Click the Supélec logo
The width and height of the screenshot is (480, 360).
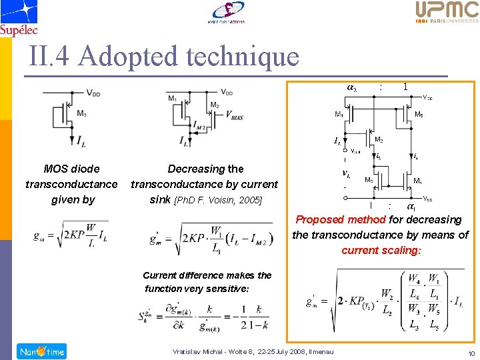click(19, 17)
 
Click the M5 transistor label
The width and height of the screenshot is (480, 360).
click(418, 115)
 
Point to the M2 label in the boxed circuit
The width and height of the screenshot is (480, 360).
click(378, 140)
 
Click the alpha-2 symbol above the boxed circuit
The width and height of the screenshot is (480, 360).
click(351, 87)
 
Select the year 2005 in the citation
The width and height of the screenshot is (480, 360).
click(251, 200)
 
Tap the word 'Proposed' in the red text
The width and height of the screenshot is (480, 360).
click(317, 219)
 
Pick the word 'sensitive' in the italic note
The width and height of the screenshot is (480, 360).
click(224, 289)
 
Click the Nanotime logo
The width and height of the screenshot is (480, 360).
click(42, 351)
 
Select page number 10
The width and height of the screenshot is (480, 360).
click(471, 353)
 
